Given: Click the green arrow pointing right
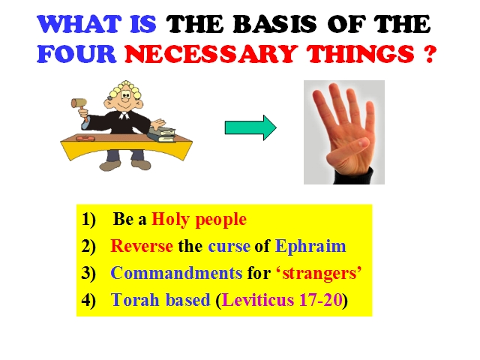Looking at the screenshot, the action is tap(250, 127).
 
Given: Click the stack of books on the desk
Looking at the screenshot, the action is tap(162, 134).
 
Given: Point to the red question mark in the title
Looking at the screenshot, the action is tap(430, 54).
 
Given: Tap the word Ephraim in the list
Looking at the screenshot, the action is tap(310, 247).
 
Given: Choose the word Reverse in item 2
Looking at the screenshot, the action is tap(142, 246).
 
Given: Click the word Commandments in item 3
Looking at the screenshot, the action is tap(176, 273).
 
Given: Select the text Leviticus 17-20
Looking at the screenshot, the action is tap(282, 300).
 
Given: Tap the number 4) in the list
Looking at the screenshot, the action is tap(88, 300).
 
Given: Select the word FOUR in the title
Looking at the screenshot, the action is tap(76, 54).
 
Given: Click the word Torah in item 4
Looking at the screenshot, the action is tap(135, 300).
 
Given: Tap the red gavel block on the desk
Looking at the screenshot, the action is tap(85, 138).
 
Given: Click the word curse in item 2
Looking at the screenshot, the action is tap(229, 247).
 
